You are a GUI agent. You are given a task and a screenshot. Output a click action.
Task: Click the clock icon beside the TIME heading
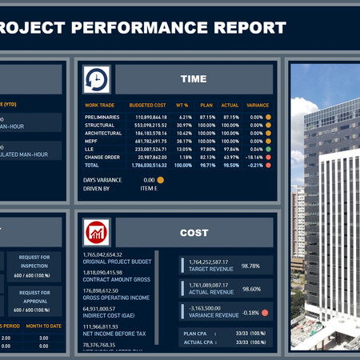tap(97, 79)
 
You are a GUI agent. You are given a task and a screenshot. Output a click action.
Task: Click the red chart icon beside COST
tap(97, 233)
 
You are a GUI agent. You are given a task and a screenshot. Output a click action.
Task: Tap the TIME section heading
tap(194, 79)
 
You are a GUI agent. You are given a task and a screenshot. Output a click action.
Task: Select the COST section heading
tap(194, 233)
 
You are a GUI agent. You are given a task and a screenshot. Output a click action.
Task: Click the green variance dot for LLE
tap(268, 149)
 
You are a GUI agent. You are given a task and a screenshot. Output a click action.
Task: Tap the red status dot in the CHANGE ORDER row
tap(268, 157)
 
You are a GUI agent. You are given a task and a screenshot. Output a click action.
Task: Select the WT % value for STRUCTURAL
tap(184, 125)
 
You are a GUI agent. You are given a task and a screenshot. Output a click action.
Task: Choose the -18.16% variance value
tap(252, 157)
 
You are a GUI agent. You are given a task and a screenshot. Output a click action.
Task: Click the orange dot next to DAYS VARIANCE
tap(160, 180)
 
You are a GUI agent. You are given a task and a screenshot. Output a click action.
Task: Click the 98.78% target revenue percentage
tap(250, 266)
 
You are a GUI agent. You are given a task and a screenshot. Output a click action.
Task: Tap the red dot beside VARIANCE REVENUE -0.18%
tap(265, 312)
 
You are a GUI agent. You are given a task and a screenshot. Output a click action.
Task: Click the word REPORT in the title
tap(245, 28)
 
